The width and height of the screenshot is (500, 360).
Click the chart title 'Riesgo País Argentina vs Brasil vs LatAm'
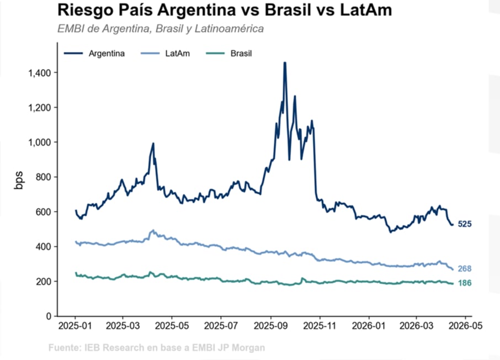click(224, 10)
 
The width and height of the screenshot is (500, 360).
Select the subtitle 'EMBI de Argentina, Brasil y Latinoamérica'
click(160, 28)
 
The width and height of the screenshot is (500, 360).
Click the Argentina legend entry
click(95, 53)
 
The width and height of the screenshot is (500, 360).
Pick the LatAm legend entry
click(166, 53)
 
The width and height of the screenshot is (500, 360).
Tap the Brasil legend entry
click(229, 53)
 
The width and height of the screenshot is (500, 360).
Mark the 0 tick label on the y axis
click(49, 316)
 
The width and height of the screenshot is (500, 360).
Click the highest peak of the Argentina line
click(285, 63)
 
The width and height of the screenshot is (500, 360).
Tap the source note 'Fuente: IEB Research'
click(156, 348)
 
